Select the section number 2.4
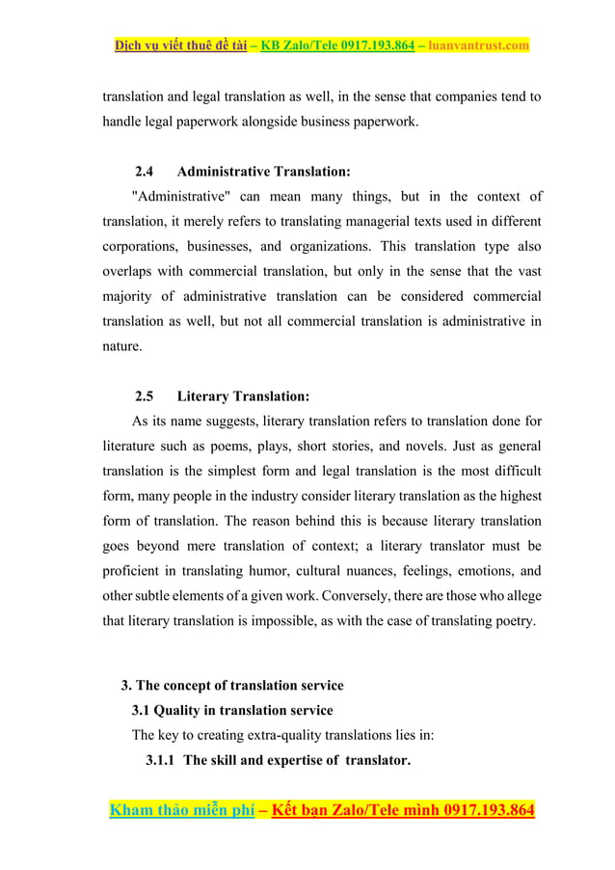point(145,172)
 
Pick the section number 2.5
point(145,396)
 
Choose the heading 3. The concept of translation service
point(232,686)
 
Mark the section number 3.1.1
point(161,760)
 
